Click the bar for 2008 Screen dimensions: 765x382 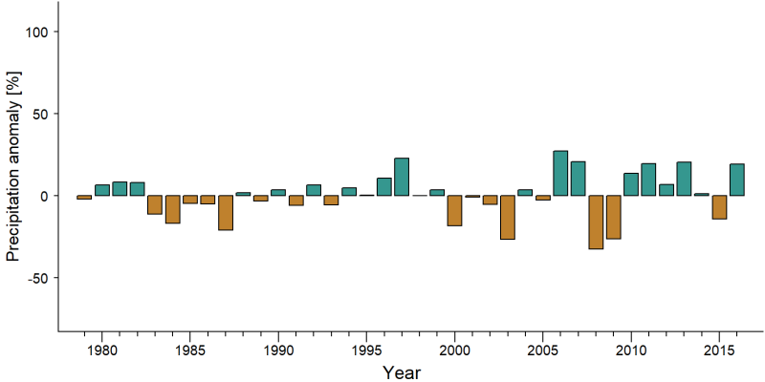click(x=596, y=223)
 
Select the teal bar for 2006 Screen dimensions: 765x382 click(x=560, y=173)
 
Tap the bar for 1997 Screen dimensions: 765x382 click(x=402, y=177)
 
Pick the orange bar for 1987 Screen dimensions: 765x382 click(x=226, y=212)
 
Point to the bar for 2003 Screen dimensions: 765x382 click(x=508, y=218)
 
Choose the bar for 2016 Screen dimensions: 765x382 click(x=737, y=180)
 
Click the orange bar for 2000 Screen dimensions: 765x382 click(x=455, y=210)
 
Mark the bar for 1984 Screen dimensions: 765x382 click(x=173, y=209)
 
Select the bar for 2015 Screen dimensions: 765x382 click(x=720, y=207)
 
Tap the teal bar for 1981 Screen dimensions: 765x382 click(x=120, y=188)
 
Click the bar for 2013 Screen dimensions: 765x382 click(x=684, y=179)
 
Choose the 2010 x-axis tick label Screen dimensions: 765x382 click(x=631, y=350)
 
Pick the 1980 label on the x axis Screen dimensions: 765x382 click(x=102, y=350)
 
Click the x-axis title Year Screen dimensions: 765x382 click(x=401, y=372)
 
